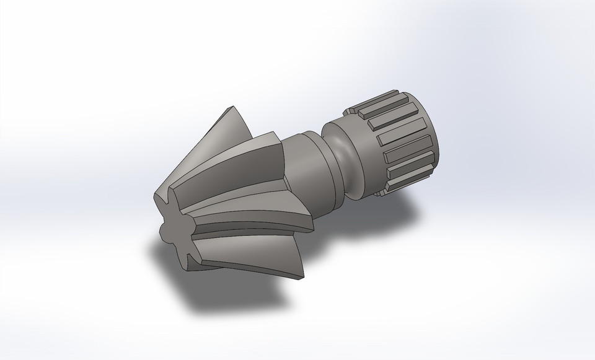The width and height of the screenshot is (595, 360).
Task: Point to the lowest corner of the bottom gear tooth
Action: coord(301,279)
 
